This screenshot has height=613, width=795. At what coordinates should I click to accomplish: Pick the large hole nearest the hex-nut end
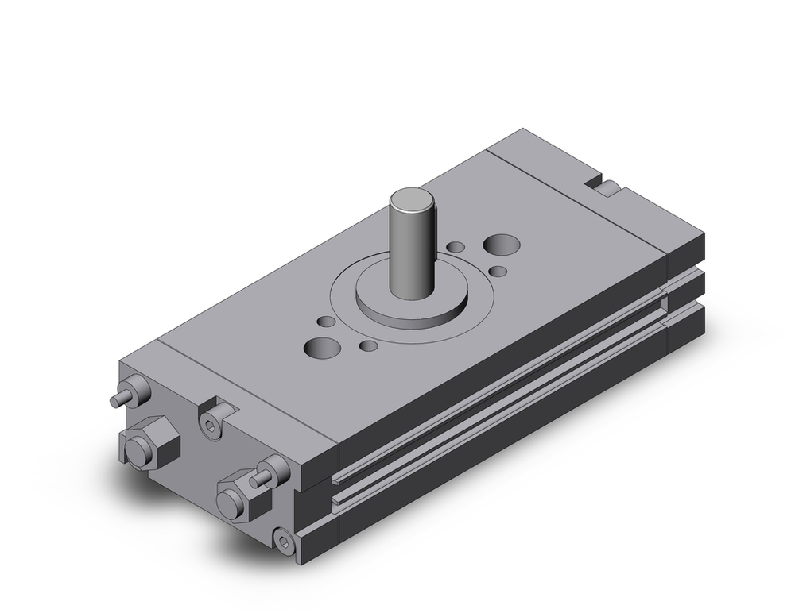(321, 348)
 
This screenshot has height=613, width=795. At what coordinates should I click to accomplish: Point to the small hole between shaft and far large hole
(455, 247)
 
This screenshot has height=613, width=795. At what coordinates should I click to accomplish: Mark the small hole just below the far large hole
(498, 272)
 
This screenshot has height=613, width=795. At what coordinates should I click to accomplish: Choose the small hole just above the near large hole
(326, 322)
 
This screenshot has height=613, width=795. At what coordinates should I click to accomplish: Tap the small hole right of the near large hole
(368, 346)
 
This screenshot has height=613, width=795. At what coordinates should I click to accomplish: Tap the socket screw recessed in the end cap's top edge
(210, 427)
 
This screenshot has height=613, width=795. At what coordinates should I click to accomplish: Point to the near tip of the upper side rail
(338, 476)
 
